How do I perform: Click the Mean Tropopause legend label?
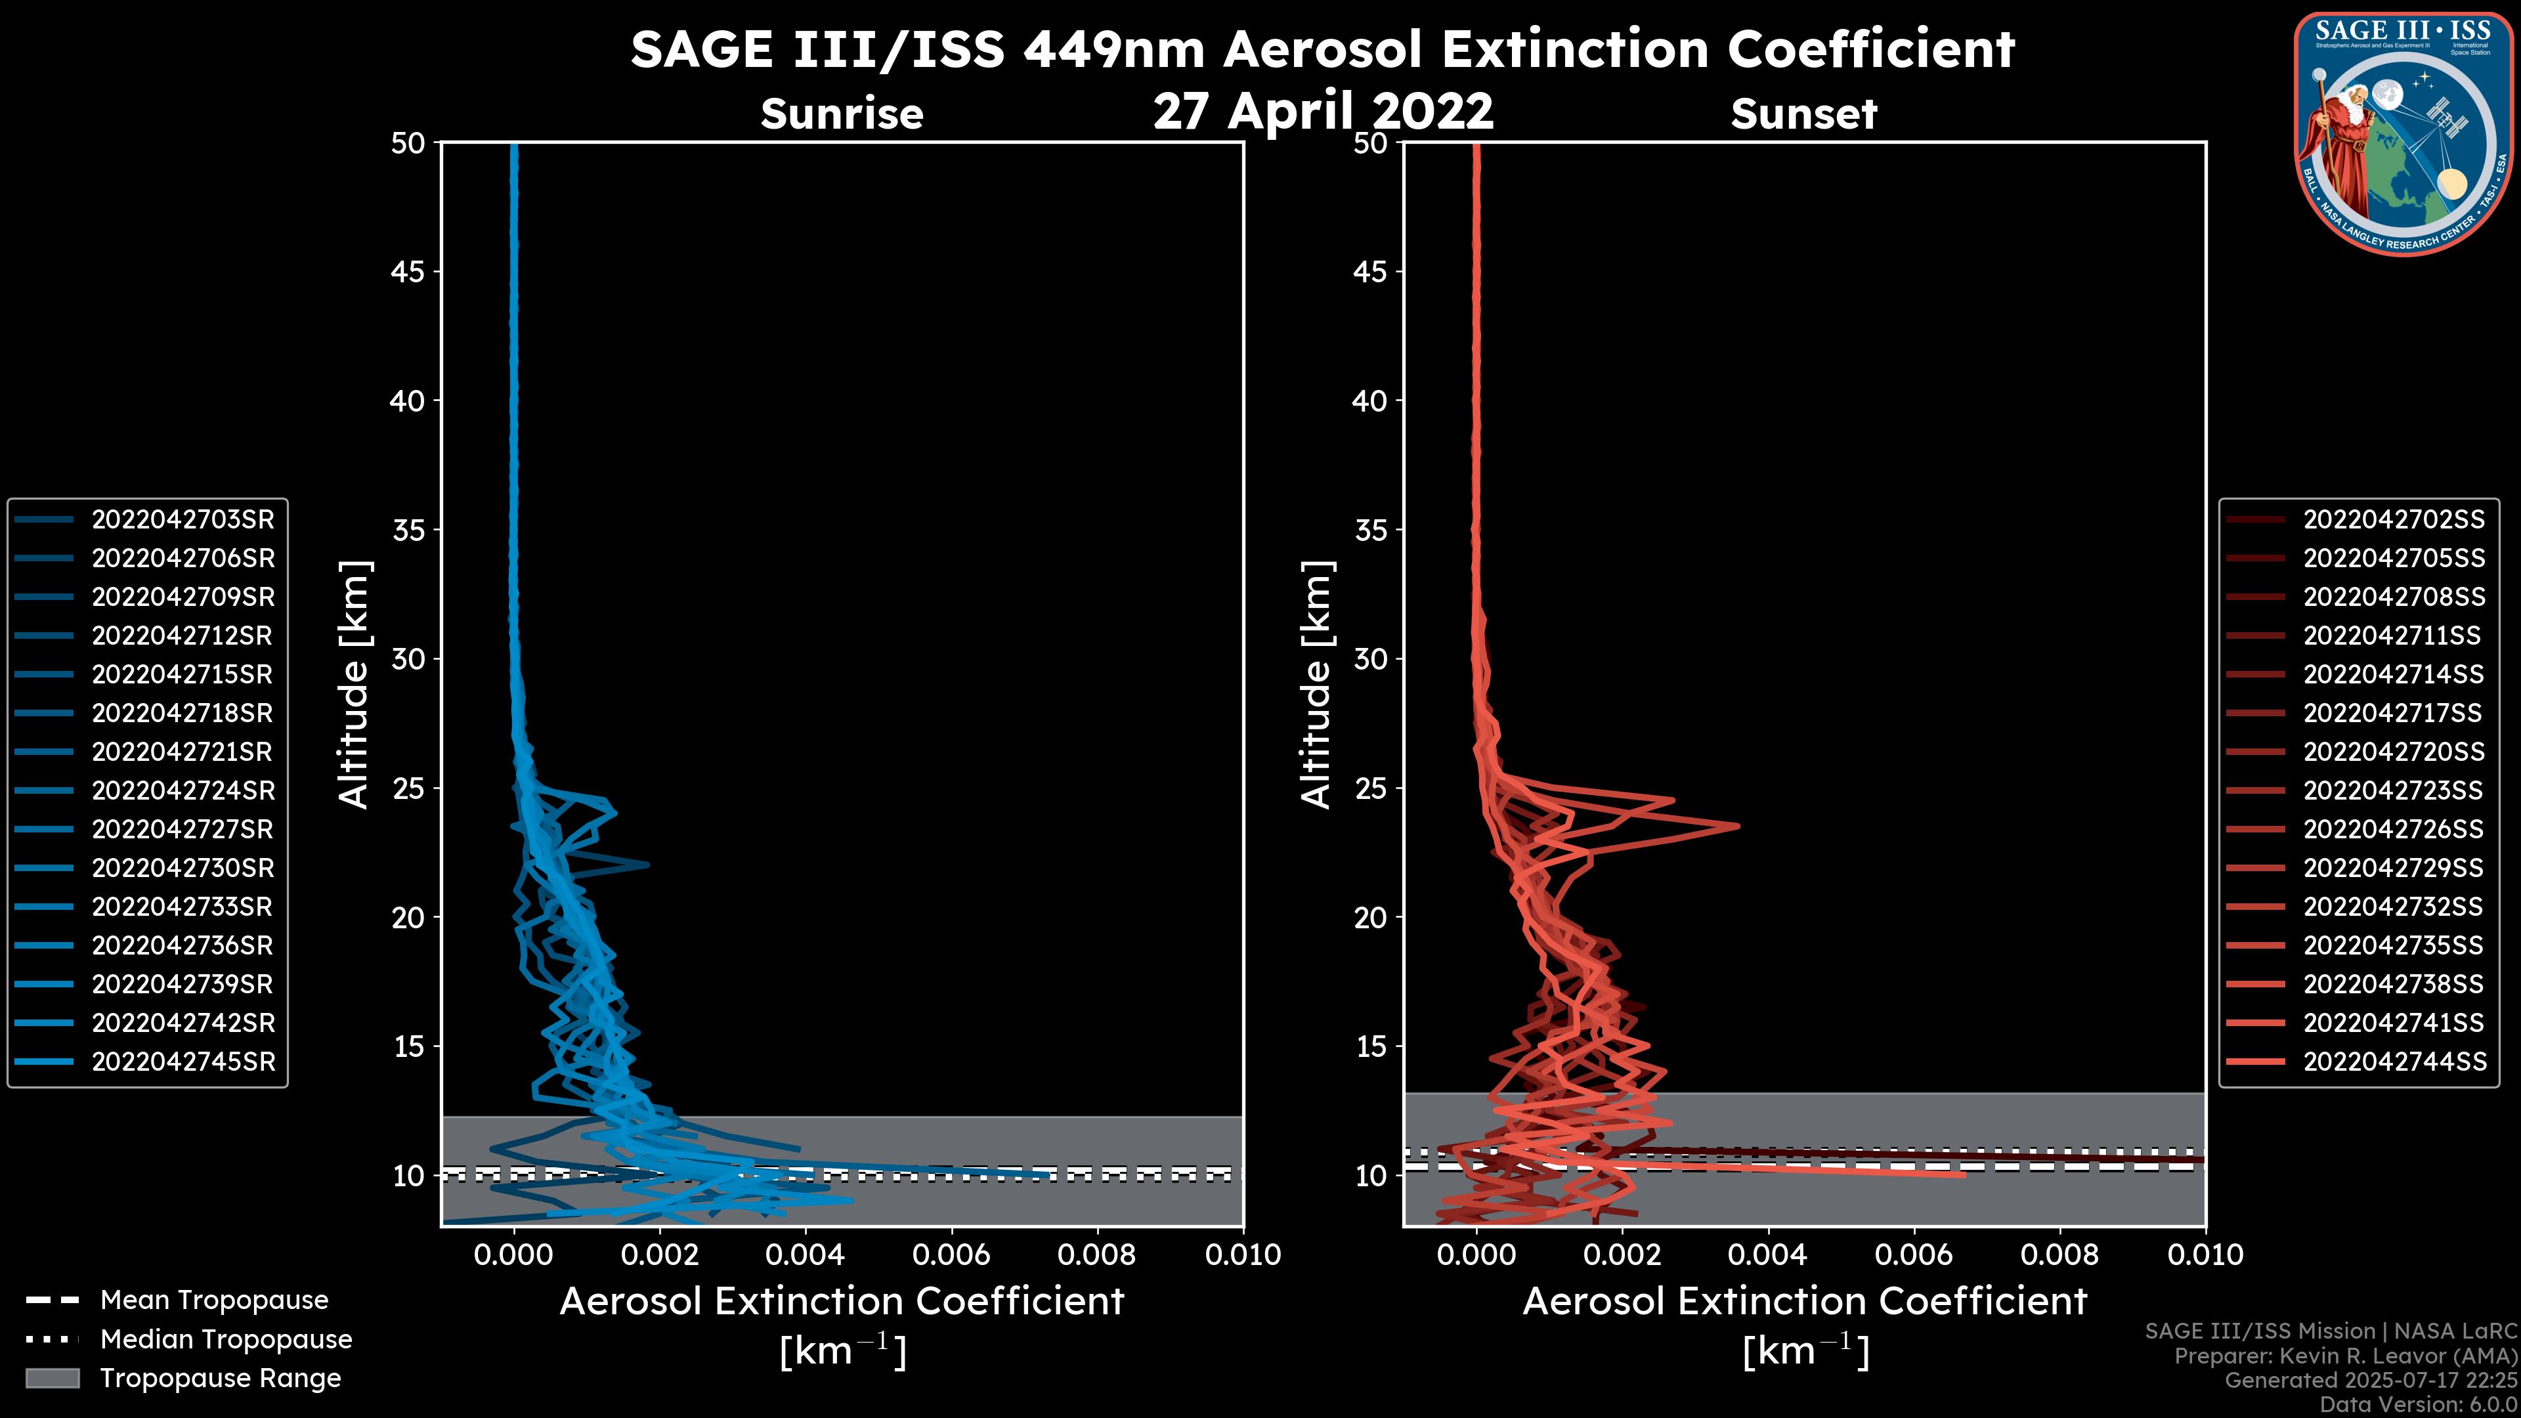(x=213, y=1300)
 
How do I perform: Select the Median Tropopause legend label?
(x=225, y=1340)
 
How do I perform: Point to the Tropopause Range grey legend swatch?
(x=52, y=1379)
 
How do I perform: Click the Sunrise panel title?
(x=842, y=114)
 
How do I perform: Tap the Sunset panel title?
(x=1803, y=114)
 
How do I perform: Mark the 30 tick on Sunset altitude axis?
(x=1370, y=660)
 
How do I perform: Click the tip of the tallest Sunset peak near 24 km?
(x=1738, y=826)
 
